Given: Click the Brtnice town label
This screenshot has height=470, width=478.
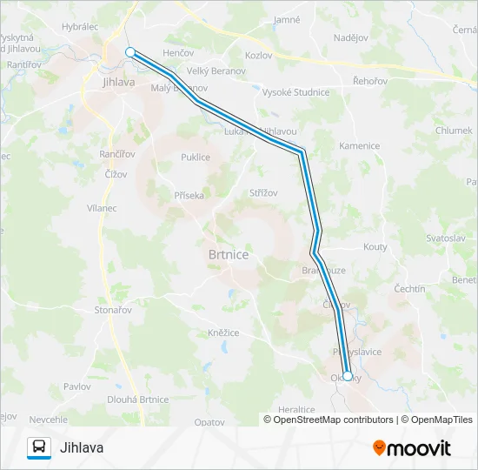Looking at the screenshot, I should click(229, 254).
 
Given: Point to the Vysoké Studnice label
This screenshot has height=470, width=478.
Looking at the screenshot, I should click(296, 92).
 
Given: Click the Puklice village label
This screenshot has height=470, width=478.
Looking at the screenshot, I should click(195, 158).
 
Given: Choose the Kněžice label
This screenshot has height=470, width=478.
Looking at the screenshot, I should click(223, 332).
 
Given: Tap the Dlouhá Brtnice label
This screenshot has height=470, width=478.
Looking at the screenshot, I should click(137, 399).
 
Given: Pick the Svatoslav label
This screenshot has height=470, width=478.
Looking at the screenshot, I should click(446, 238).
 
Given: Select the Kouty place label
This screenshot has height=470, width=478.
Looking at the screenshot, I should click(375, 247).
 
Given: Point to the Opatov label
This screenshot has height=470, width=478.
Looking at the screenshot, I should click(209, 421).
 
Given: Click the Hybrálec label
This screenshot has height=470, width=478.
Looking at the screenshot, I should click(80, 27).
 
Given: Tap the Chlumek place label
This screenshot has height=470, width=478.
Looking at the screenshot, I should click(455, 131).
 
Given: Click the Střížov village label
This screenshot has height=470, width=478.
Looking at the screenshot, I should click(263, 192).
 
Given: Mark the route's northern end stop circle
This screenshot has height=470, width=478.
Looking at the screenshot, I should click(130, 52).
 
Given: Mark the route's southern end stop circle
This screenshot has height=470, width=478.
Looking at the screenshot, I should click(348, 376).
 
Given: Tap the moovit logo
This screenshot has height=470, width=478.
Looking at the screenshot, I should click(412, 448).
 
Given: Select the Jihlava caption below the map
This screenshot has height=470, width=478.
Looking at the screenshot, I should click(83, 448).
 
